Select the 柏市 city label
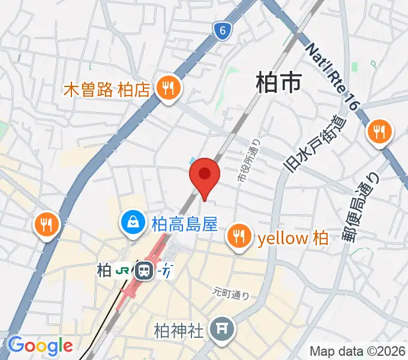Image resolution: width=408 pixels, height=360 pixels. point(278,82)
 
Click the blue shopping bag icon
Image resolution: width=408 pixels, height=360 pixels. point(131,223)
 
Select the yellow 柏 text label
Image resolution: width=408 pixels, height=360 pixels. point(292,238)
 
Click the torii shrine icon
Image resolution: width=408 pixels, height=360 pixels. point(223,328)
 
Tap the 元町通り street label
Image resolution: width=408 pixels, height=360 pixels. point(231,293)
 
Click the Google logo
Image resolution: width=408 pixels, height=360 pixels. point(40,346)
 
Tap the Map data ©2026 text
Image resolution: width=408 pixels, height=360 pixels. point(358,351)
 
